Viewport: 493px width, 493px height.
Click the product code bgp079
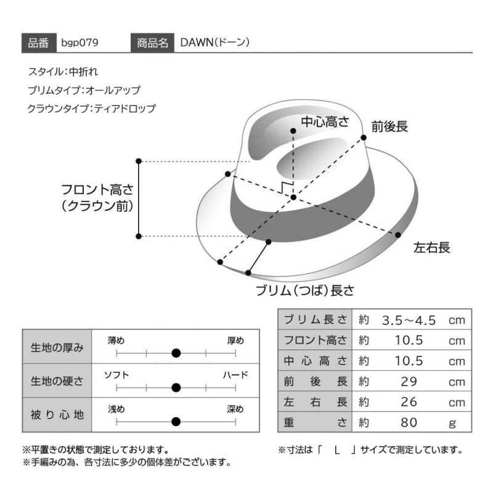tap(80, 43)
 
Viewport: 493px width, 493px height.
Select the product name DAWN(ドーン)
tap(215, 43)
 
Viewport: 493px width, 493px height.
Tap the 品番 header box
tap(39, 43)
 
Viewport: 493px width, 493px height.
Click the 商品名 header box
tap(152, 43)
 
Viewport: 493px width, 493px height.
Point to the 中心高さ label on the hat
tap(325, 121)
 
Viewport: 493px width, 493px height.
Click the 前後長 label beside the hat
tap(389, 126)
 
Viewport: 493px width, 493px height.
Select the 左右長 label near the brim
tap(432, 248)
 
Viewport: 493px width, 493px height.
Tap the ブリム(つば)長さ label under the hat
tap(305, 290)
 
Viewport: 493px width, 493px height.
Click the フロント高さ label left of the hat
tap(97, 190)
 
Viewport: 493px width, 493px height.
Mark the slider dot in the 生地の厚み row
tap(176, 353)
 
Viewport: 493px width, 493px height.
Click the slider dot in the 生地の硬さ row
tap(176, 388)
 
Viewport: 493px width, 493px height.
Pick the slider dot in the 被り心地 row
tap(176, 422)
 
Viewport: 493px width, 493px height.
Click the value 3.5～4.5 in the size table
tap(409, 320)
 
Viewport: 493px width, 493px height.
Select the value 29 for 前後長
tap(409, 381)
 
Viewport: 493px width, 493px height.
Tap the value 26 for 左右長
tap(409, 402)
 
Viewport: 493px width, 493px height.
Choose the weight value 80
tap(409, 423)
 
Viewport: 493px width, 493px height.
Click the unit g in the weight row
tap(452, 424)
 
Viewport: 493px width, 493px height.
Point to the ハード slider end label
tap(235, 375)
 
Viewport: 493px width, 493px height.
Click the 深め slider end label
tap(235, 409)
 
